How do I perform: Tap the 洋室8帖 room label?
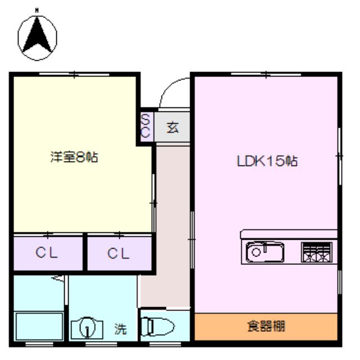click(74, 157)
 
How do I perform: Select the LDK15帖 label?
click(267, 161)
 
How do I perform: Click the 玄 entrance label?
click(173, 128)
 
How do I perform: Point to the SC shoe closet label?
click(145, 126)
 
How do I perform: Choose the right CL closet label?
click(118, 254)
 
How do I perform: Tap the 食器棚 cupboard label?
click(266, 326)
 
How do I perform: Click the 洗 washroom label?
click(120, 329)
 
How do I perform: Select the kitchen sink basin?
click(265, 252)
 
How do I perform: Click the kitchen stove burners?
click(317, 253)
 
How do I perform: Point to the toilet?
click(157, 326)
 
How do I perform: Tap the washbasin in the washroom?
click(87, 328)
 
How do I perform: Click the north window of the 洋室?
click(74, 74)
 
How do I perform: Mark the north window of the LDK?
click(266, 74)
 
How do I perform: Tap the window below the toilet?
click(165, 344)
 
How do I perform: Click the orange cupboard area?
click(266, 326)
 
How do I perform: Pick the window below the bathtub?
click(39, 344)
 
